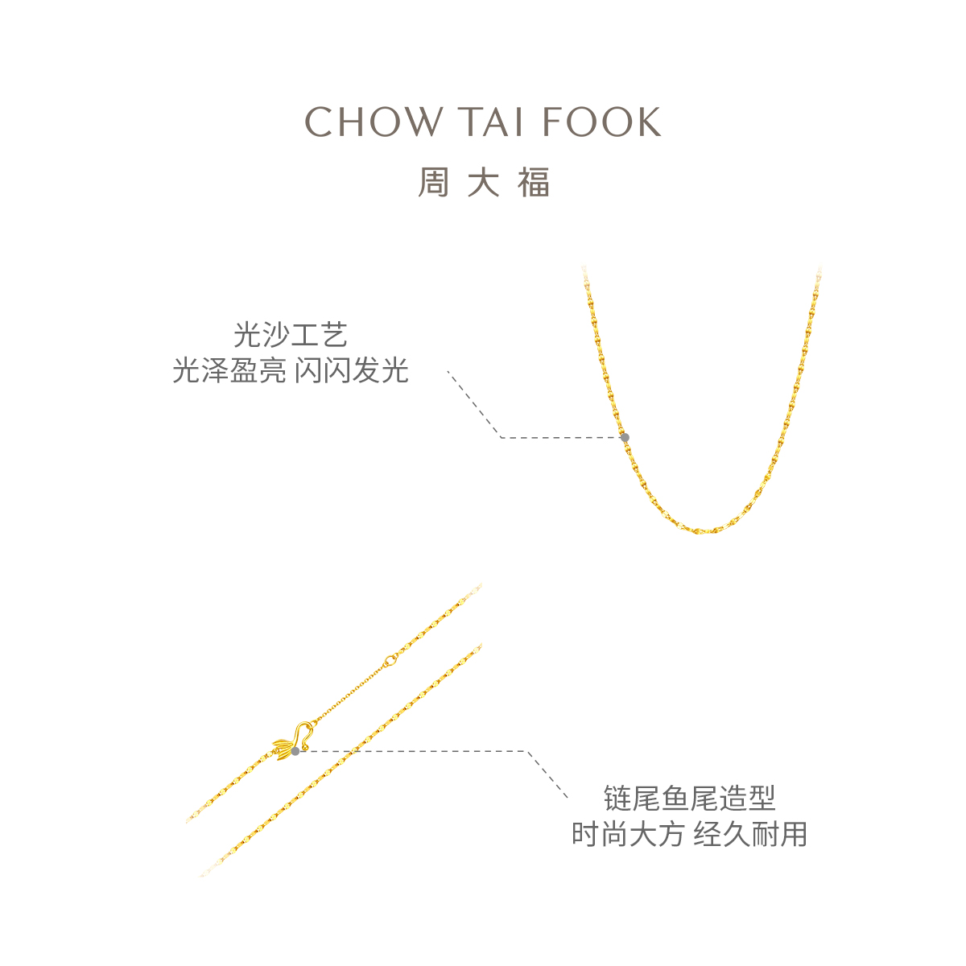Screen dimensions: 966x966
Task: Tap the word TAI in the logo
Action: coord(492,122)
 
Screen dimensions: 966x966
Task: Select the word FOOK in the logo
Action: coord(601,122)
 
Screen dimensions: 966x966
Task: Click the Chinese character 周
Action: coord(433,184)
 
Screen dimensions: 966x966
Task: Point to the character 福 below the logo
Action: coord(533,184)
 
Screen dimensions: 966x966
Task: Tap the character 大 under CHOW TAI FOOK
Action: coord(483,184)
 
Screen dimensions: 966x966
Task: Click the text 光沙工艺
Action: coord(290,334)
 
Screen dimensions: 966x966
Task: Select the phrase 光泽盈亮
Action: coord(229,371)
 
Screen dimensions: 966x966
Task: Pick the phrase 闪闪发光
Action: coord(351,371)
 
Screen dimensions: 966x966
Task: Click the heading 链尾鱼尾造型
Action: coord(689,799)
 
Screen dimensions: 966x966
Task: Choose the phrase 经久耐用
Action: coord(750,834)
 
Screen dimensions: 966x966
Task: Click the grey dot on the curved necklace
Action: coord(625,437)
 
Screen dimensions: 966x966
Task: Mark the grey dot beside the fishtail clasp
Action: coord(295,751)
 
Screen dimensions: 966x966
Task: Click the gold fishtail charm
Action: coord(283,748)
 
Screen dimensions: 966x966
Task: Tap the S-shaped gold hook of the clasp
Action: coord(304,731)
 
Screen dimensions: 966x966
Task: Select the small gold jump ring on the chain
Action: coord(391,660)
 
